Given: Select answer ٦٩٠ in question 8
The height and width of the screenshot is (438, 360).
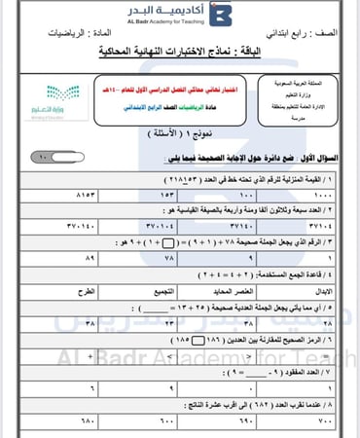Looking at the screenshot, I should [239, 420].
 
